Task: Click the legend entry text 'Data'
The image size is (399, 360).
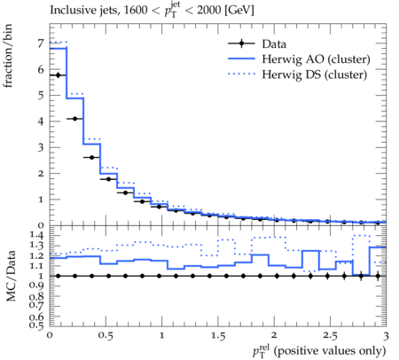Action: (x=274, y=44)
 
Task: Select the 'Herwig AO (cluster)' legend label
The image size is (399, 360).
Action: (x=316, y=59)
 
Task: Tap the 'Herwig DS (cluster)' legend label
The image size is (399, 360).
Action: (x=315, y=74)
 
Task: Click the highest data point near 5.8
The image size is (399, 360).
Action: (x=58, y=75)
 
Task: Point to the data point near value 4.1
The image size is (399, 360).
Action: (x=74, y=119)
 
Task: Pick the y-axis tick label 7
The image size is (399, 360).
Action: (x=41, y=43)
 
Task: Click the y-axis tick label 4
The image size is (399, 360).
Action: (x=41, y=121)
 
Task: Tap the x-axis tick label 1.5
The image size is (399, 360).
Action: (x=218, y=336)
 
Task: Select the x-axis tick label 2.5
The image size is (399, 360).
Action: (x=330, y=336)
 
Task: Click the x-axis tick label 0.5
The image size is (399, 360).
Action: (x=106, y=336)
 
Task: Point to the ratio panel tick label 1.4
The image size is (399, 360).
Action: (x=36, y=236)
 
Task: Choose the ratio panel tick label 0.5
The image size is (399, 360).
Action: (x=36, y=325)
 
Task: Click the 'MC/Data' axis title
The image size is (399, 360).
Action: (x=11, y=276)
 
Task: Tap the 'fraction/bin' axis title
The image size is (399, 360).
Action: (x=8, y=56)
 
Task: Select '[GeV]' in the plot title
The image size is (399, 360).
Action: (x=239, y=11)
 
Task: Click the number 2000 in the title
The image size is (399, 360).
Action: (x=209, y=11)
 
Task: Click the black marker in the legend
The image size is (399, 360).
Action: (x=241, y=43)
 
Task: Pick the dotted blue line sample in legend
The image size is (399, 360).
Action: (x=241, y=74)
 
